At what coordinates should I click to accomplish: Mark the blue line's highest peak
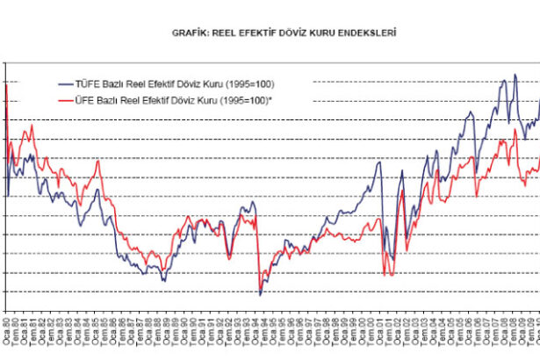[503, 76]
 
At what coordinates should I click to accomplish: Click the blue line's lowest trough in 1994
[260, 294]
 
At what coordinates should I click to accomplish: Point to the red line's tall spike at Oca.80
[7, 85]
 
